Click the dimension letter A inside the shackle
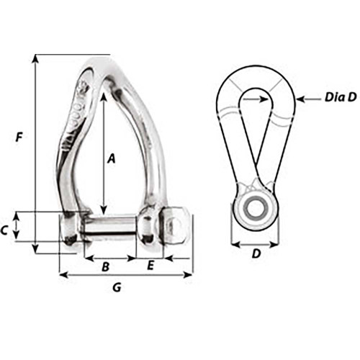click(112, 160)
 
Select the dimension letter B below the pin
click(105, 267)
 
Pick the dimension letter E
click(150, 266)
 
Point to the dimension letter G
click(117, 289)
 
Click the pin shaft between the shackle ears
click(112, 226)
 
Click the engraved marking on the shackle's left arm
click(74, 115)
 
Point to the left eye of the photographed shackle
click(71, 228)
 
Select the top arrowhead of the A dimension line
click(103, 96)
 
